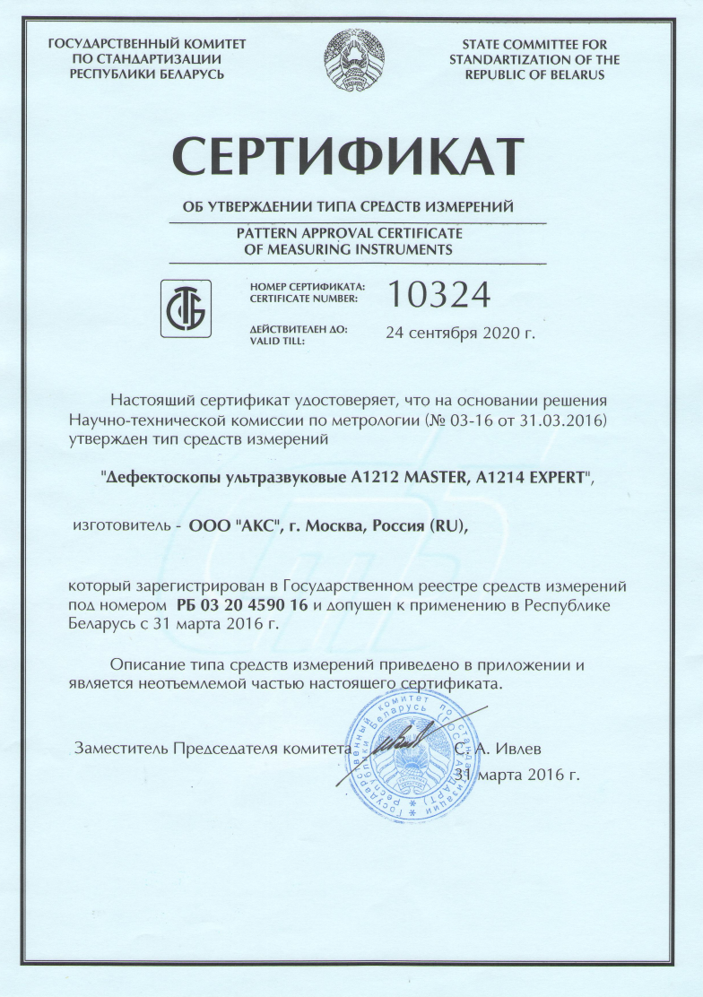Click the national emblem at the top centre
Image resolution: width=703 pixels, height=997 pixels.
tap(352, 56)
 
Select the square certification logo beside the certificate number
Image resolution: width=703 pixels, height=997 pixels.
tap(186, 308)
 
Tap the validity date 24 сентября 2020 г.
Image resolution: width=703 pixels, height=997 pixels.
tap(459, 334)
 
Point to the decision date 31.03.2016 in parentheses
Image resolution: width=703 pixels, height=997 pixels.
tap(546, 419)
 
